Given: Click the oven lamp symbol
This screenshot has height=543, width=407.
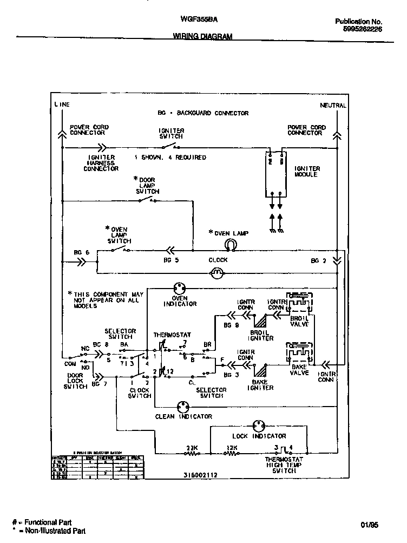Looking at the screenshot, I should (229, 246).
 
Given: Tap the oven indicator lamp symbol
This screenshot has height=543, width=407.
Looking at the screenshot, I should (180, 288).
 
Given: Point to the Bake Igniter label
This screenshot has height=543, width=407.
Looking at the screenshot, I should (260, 384).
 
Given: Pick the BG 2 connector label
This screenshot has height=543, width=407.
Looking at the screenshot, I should (318, 260).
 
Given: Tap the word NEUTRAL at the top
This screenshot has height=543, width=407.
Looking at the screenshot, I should (333, 105).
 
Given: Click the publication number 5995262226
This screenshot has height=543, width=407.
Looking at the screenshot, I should (362, 30).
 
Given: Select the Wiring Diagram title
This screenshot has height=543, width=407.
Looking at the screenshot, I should (202, 37).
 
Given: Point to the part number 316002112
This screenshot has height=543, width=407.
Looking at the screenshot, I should (200, 475).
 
